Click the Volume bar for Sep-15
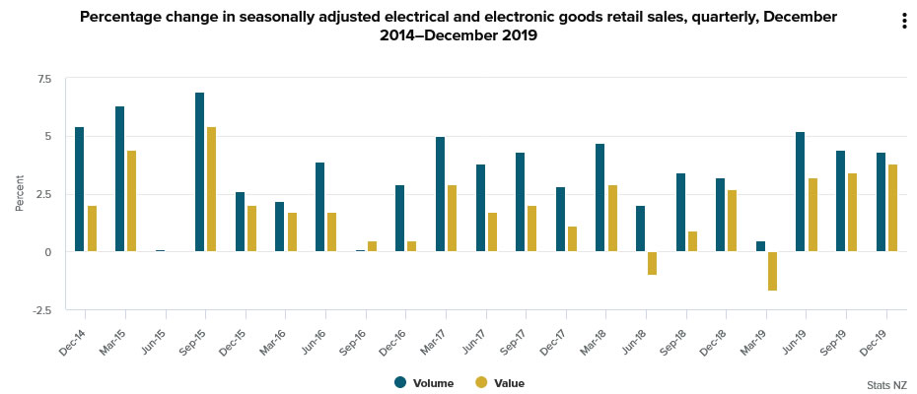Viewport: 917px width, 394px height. click(x=199, y=172)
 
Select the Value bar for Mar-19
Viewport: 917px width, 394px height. click(x=772, y=271)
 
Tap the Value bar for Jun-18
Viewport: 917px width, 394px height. click(x=652, y=263)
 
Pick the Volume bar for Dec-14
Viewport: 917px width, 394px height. click(x=79, y=189)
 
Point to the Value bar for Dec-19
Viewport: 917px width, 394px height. click(x=892, y=208)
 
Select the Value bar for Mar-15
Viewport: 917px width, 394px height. click(x=131, y=201)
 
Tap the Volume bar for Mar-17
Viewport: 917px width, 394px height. click(x=440, y=194)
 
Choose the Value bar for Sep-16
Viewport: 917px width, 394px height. click(x=372, y=246)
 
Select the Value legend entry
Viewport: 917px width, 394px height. click(x=500, y=383)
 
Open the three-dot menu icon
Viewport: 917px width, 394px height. click(x=903, y=22)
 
